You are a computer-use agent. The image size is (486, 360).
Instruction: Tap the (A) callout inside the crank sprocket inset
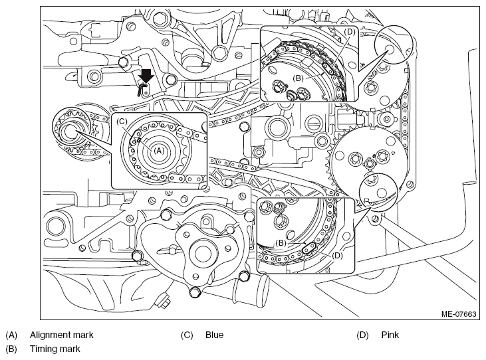tap(159, 151)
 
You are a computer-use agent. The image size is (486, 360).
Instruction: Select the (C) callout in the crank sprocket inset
tap(122, 122)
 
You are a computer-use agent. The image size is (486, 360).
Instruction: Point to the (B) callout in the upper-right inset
tap(298, 78)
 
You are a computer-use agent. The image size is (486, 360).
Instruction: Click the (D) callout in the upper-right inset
tap(349, 32)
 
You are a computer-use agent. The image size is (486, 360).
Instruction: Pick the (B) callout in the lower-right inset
tap(281, 243)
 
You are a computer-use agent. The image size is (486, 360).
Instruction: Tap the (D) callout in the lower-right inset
tap(337, 256)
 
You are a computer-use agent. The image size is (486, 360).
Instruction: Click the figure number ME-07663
tap(459, 314)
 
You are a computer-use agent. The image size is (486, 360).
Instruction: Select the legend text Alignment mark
tap(61, 335)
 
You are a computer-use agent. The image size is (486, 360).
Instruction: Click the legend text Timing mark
tap(55, 349)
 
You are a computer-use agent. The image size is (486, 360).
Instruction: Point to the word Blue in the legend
tap(214, 335)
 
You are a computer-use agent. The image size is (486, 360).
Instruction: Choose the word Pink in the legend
tap(390, 335)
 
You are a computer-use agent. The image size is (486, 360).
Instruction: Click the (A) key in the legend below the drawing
tap(11, 335)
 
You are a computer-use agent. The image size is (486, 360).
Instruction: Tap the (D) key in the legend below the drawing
tap(362, 335)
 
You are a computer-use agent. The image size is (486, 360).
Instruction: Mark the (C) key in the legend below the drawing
tap(187, 335)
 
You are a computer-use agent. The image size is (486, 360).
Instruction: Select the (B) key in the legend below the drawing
tap(11, 349)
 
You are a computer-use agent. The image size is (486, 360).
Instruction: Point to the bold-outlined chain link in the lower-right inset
tap(309, 248)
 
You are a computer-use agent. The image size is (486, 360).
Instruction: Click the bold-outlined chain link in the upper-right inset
tap(328, 68)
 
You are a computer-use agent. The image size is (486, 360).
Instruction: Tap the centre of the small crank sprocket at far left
tap(70, 132)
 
